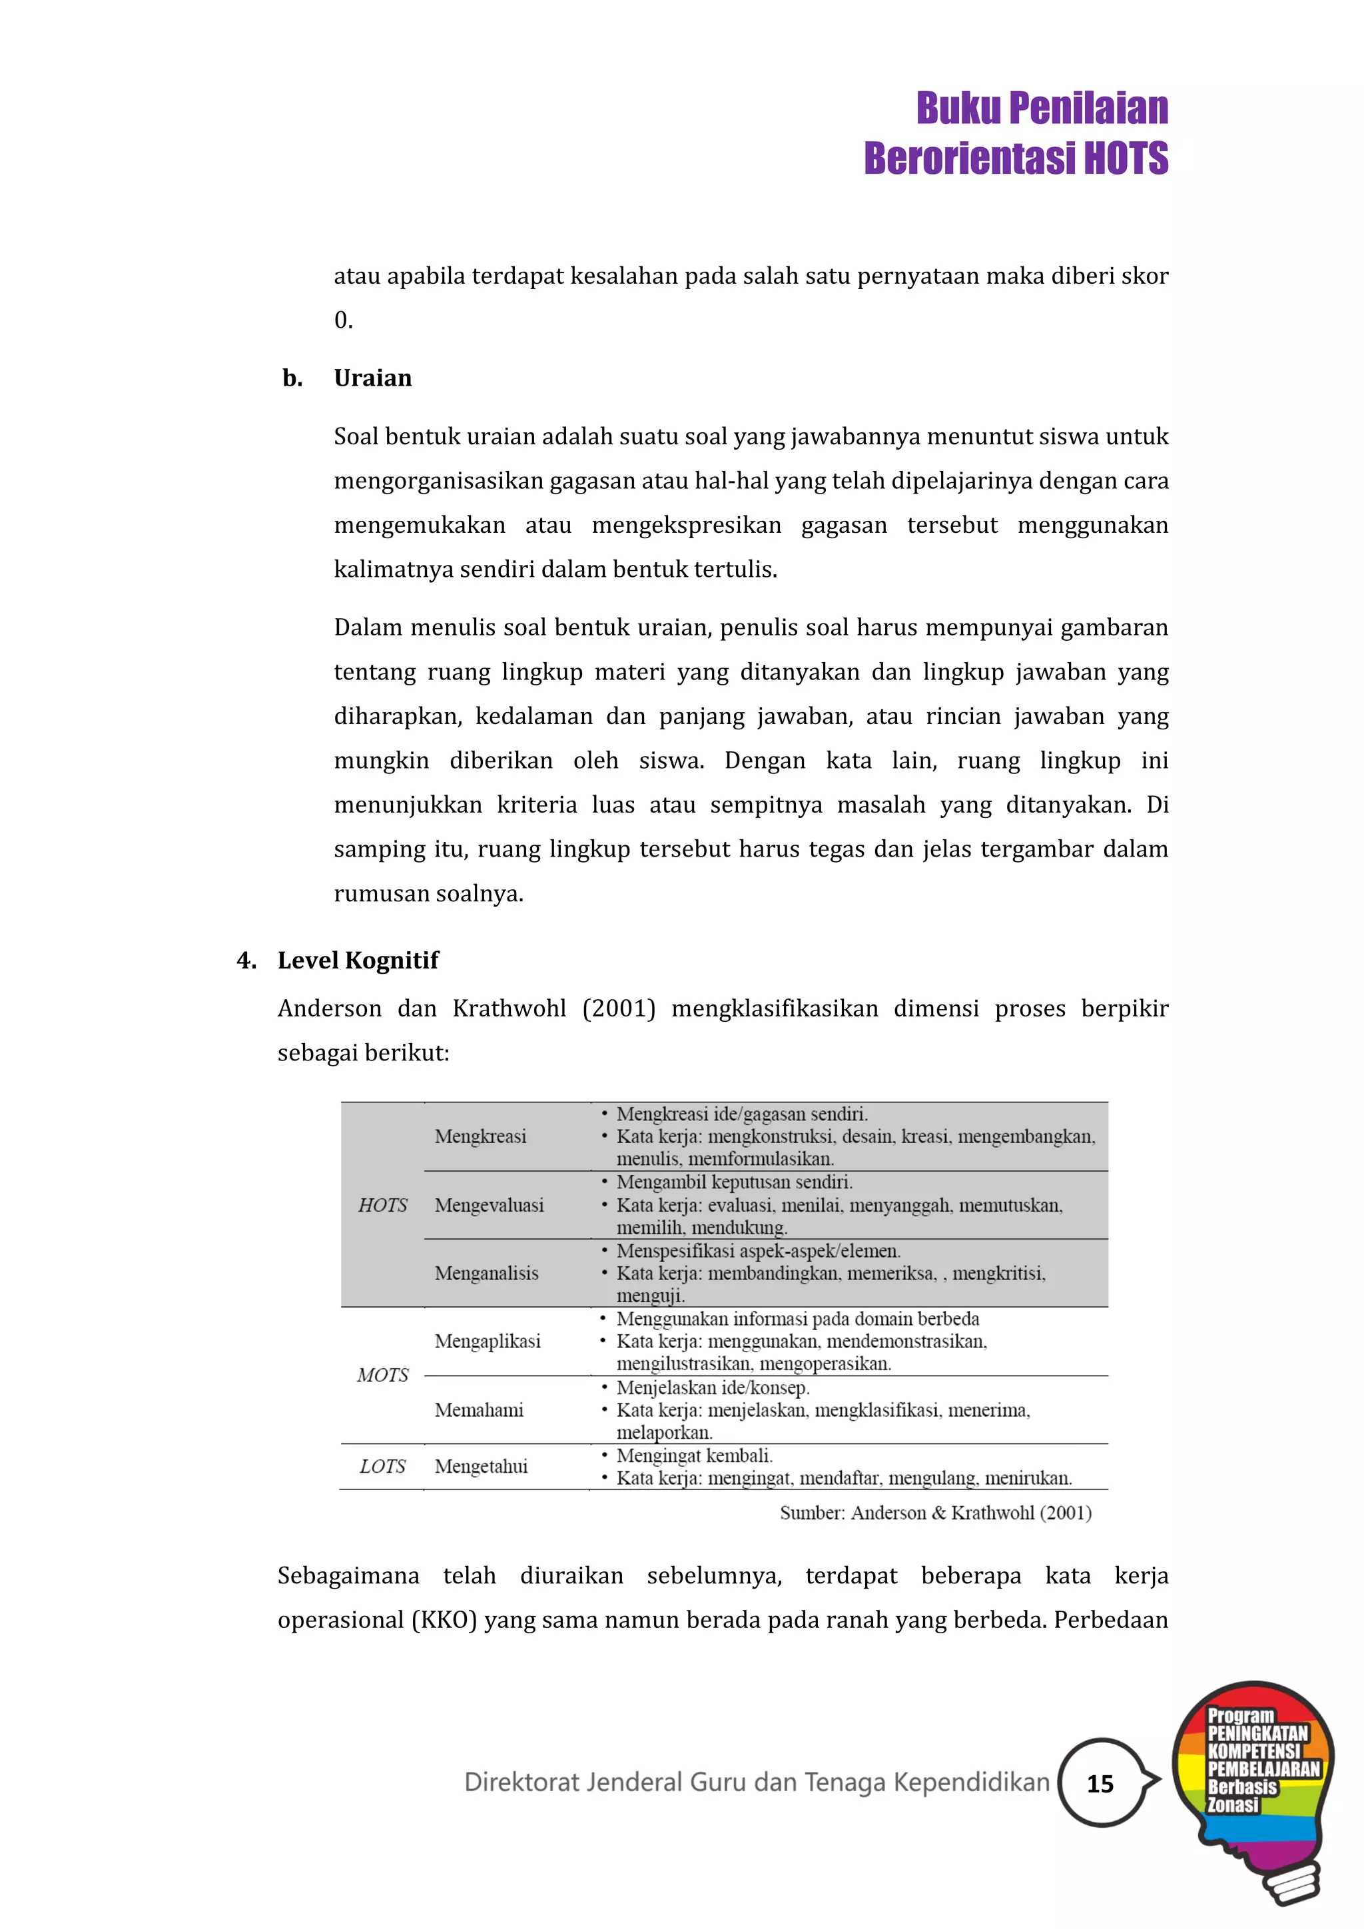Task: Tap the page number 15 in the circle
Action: (x=1100, y=1783)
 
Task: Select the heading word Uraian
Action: (x=373, y=378)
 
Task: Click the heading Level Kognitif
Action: (x=358, y=961)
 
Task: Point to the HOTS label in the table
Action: (x=382, y=1205)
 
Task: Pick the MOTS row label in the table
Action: (x=382, y=1375)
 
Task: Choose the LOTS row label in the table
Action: (x=382, y=1466)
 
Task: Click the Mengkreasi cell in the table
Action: (x=480, y=1137)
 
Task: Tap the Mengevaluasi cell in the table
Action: (x=489, y=1205)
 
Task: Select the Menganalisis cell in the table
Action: (x=486, y=1273)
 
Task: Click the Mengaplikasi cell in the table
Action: (x=487, y=1341)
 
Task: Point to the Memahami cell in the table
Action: (x=479, y=1410)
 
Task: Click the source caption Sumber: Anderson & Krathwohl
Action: (x=935, y=1513)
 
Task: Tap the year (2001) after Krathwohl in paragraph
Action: (x=619, y=1009)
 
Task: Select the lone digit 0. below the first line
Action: (x=343, y=320)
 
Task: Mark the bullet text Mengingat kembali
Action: (x=694, y=1455)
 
